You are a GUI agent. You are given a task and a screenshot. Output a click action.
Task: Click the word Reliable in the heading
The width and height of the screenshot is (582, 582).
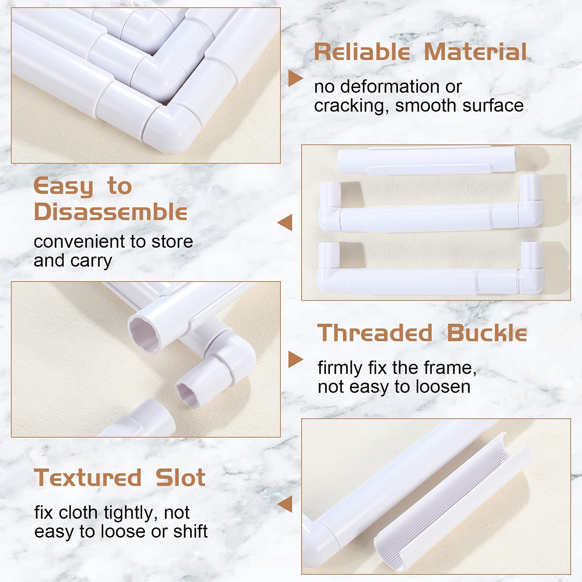click(x=362, y=52)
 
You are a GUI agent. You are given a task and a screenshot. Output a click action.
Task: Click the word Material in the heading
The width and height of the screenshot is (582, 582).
click(x=475, y=52)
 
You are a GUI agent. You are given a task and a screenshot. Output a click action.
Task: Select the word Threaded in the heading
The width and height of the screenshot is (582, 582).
click(x=375, y=333)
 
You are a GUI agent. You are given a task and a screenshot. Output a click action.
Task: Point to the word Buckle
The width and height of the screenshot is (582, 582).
click(x=487, y=333)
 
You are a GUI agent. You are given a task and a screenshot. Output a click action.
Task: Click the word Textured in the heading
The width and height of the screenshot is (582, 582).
click(x=87, y=478)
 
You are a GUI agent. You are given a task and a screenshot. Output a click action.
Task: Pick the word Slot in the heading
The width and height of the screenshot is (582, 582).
click(x=180, y=478)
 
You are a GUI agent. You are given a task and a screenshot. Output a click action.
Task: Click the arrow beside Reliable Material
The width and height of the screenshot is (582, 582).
click(x=295, y=78)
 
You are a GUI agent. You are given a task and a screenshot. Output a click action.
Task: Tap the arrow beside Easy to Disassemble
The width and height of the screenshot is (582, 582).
click(x=285, y=223)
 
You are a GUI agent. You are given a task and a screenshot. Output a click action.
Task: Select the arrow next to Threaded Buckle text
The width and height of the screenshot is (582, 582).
click(x=295, y=359)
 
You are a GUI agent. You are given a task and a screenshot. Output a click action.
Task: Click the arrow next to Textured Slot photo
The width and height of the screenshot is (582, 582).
click(x=285, y=504)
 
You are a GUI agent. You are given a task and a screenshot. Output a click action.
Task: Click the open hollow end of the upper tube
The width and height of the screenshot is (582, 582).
click(x=144, y=333)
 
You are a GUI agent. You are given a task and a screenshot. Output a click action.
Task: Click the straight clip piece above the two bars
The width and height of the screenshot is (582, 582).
click(x=426, y=160)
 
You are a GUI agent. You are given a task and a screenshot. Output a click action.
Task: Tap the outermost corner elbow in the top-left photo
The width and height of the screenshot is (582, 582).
click(x=171, y=128)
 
